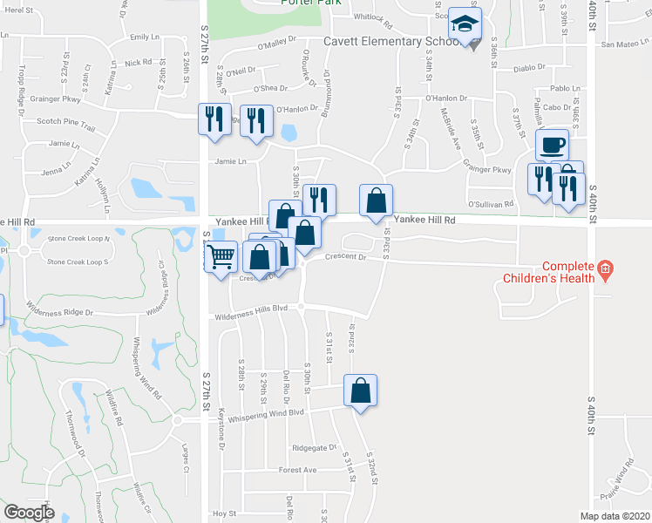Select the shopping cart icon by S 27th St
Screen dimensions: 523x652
221,256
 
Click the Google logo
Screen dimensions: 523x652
30,513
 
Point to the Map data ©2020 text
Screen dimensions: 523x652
615,516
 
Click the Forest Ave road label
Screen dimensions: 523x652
298,470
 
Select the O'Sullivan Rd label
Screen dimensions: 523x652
491,204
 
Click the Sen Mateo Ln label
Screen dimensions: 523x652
620,44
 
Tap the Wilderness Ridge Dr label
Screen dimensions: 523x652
60,310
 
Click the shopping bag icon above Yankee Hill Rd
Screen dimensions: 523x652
376,200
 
